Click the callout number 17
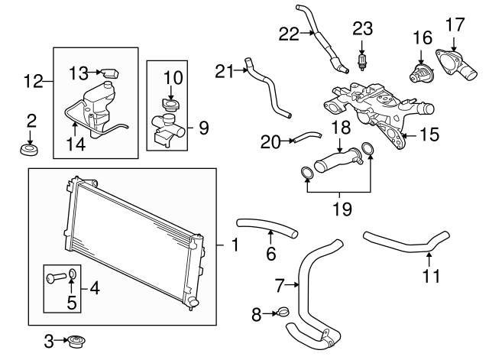click(455, 23)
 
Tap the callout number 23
click(362, 30)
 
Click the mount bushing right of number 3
click(76, 341)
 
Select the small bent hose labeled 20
click(306, 137)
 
